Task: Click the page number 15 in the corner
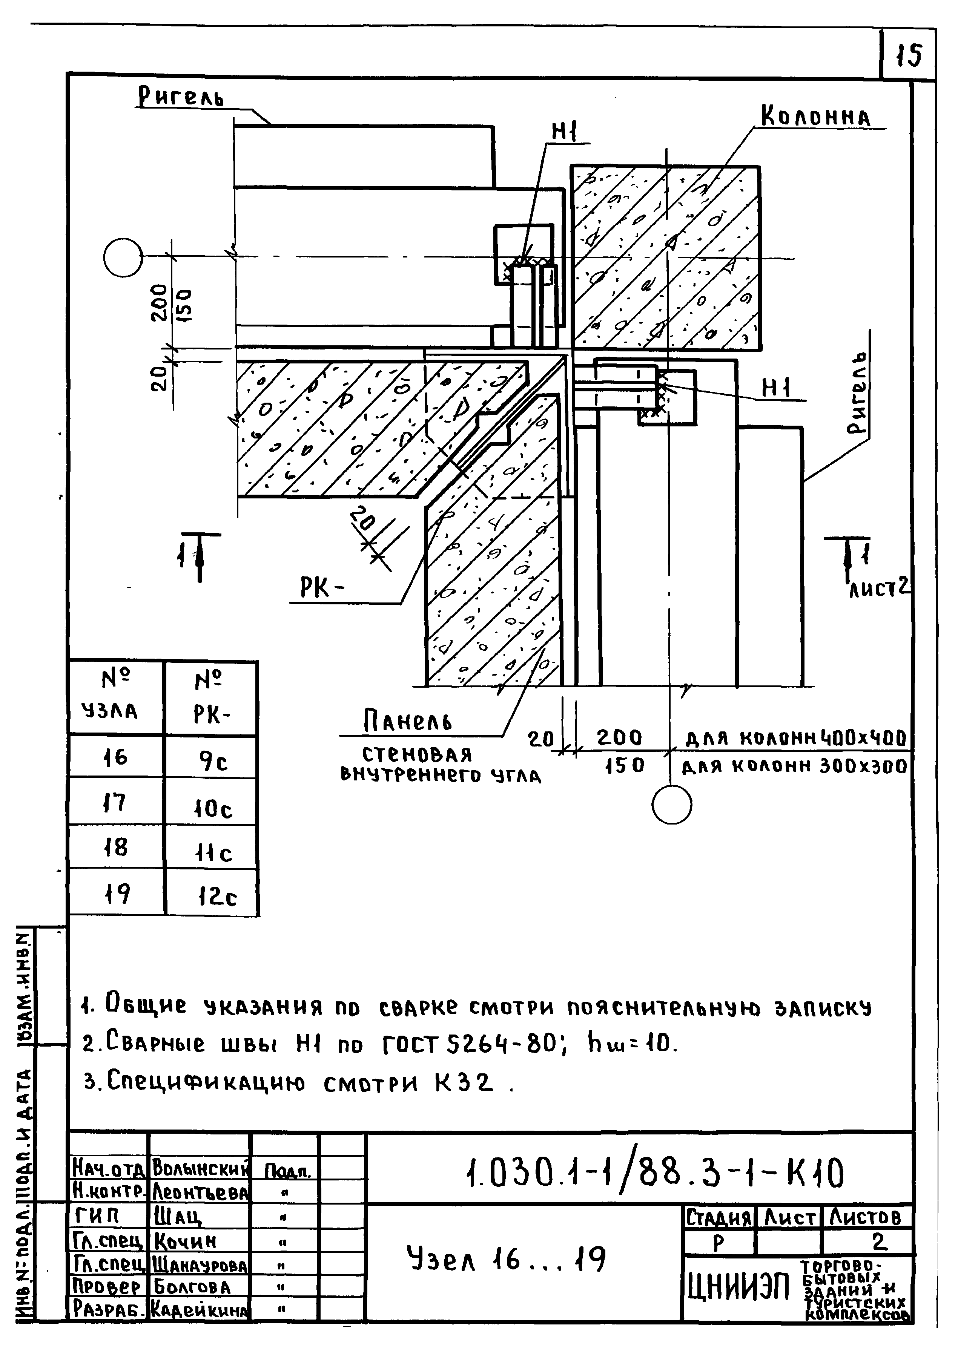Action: (x=908, y=56)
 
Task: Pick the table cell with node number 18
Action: (x=116, y=848)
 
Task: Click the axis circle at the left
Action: (x=123, y=258)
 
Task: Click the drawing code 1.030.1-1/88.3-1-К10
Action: (x=654, y=1174)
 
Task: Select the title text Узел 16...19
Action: (x=506, y=1258)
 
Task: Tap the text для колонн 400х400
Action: (x=796, y=739)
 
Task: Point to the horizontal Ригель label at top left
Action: (x=181, y=97)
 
